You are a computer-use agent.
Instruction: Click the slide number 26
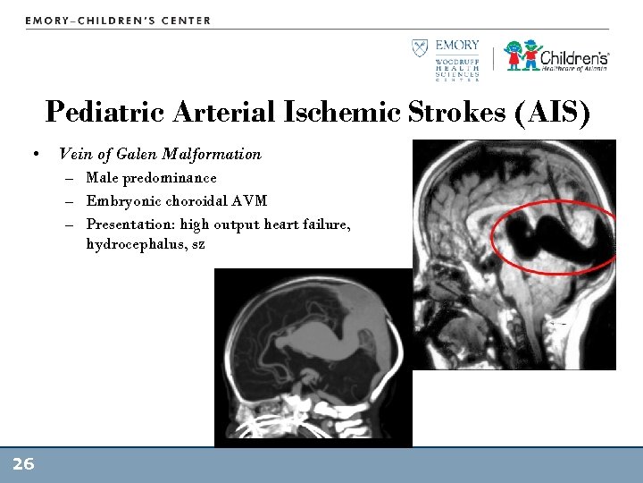point(23,464)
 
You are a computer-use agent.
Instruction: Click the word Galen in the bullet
point(140,154)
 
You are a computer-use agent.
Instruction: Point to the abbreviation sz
point(198,244)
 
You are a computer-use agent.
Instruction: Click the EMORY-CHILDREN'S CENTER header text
point(118,21)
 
